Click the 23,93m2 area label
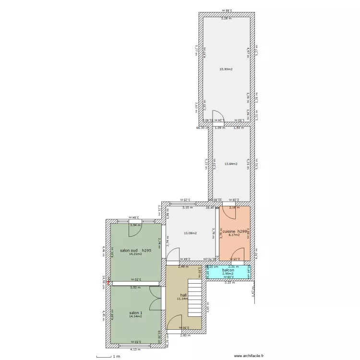(226, 70)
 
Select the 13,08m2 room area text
(191, 233)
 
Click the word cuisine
(229, 232)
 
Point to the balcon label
(228, 270)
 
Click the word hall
(183, 295)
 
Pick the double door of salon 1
(155, 299)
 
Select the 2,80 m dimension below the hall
(185, 336)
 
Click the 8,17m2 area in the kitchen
(234, 235)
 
